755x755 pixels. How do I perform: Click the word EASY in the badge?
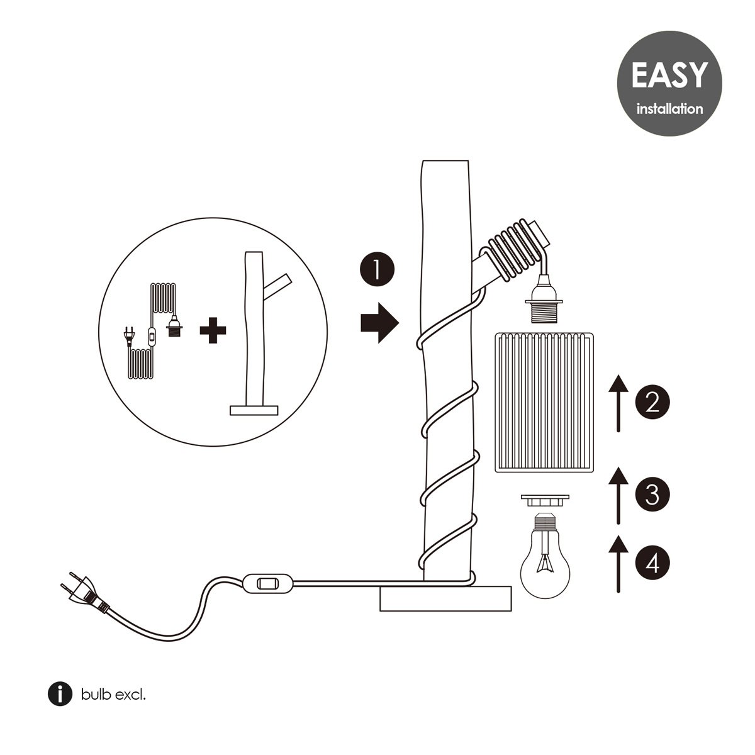click(x=669, y=75)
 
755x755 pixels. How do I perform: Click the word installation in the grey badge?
click(x=669, y=109)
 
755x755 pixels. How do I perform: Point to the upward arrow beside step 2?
click(x=619, y=403)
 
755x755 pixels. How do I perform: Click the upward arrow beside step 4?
click(x=619, y=563)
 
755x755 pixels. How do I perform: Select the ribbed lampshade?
click(x=544, y=403)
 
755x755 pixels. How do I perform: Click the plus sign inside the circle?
click(x=213, y=331)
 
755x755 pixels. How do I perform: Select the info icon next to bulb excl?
click(x=60, y=695)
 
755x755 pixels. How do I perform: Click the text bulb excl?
click(x=113, y=695)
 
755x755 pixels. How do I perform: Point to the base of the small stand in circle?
click(x=254, y=410)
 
